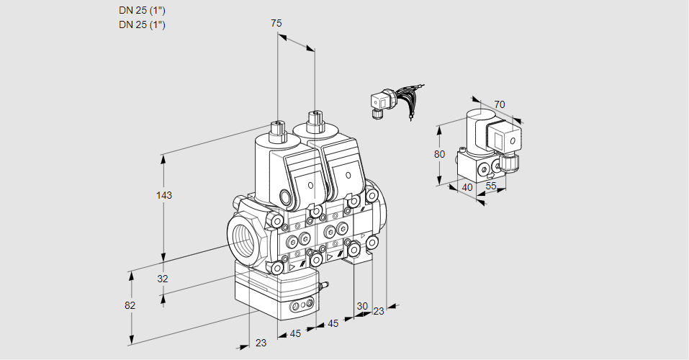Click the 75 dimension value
276,23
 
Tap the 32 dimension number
163,279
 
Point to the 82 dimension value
130,305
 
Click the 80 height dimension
439,153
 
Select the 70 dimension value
500,104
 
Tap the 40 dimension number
467,187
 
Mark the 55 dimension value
492,186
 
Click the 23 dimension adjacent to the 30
379,311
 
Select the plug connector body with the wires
379,102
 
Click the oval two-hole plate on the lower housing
302,307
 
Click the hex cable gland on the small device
510,162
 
